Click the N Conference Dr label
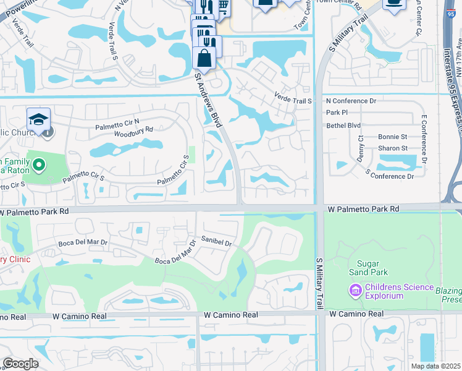point(351,101)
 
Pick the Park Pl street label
point(337,113)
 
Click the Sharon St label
point(392,148)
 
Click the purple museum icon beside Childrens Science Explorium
point(355,289)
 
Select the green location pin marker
point(39,164)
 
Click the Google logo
point(20,364)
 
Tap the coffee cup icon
point(393,4)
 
